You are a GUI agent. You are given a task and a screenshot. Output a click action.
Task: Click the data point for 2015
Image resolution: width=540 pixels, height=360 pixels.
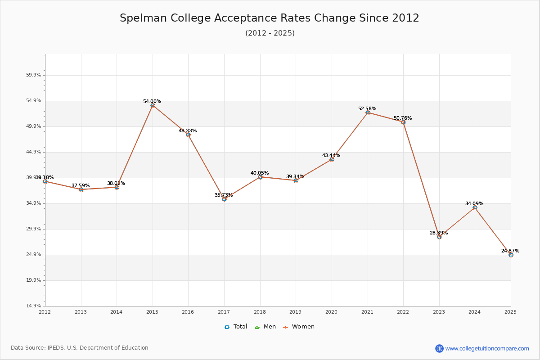point(153,105)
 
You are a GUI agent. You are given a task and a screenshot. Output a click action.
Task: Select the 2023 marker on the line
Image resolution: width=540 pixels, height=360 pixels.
point(439,237)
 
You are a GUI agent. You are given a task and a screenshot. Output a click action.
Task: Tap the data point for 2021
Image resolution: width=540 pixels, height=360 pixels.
point(368,112)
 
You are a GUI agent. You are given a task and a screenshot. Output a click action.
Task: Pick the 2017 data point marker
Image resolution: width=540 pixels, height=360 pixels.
point(224,199)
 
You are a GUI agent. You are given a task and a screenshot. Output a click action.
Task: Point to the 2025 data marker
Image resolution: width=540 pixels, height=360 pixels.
point(511,255)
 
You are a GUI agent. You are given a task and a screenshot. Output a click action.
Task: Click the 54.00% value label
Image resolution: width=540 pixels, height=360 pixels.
point(152,102)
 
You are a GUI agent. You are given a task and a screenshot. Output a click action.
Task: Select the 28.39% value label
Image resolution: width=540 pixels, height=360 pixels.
point(439,233)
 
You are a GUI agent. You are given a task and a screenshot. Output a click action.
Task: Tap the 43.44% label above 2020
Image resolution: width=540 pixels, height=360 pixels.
point(331,156)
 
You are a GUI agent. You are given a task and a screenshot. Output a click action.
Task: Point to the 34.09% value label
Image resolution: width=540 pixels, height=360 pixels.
point(474,204)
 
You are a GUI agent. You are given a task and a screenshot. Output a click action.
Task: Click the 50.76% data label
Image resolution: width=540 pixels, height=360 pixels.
point(403,118)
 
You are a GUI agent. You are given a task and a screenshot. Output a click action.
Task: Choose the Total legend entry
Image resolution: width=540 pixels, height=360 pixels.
point(236,327)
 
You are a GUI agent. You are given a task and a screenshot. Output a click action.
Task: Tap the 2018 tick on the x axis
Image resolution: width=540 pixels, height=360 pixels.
point(260,311)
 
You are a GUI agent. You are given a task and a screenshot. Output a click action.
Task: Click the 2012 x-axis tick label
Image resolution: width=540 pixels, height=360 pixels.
point(45,311)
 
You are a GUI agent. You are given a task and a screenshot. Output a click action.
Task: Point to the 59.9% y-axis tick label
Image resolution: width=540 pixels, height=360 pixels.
point(34,75)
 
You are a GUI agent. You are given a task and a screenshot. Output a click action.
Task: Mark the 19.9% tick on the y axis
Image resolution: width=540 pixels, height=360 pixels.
point(34,280)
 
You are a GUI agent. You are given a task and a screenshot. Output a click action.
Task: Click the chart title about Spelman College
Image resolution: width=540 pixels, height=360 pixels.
point(270,18)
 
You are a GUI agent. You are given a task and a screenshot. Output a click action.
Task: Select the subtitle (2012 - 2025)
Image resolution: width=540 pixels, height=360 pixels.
point(270,33)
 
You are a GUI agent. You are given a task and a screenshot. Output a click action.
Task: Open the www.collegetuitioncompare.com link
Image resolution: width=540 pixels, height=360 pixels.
point(487,348)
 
